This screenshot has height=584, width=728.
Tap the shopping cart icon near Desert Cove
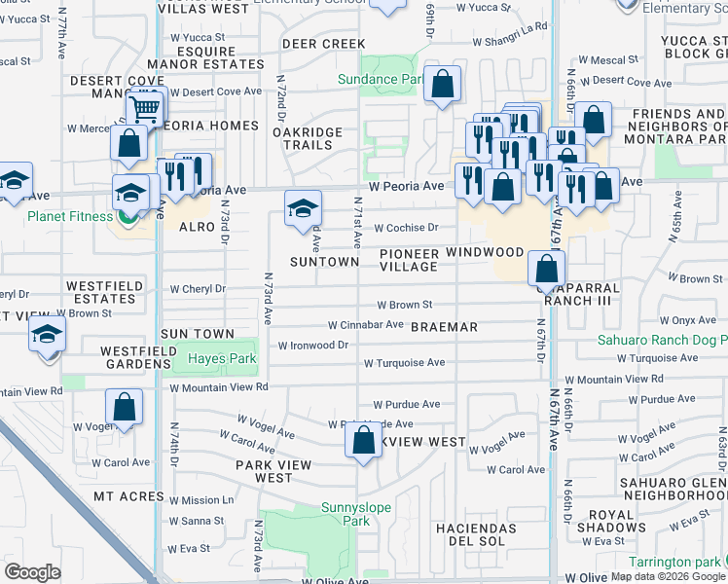click(x=144, y=109)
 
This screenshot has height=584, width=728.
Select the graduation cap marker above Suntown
click(x=303, y=207)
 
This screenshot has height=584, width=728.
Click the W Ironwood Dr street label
click(x=312, y=346)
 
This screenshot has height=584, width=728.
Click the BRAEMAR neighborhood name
click(x=444, y=328)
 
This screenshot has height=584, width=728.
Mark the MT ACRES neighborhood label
click(x=128, y=496)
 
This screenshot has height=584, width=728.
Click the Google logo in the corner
click(x=32, y=572)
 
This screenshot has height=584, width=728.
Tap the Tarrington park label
click(x=674, y=562)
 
